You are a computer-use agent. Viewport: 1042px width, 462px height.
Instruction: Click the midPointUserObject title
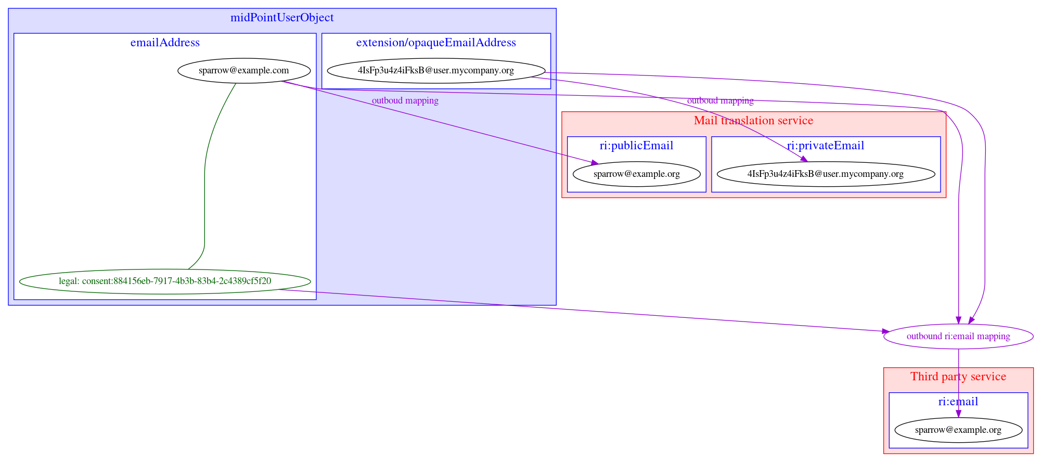tap(282, 18)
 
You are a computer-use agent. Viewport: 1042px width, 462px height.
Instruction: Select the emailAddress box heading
tap(165, 43)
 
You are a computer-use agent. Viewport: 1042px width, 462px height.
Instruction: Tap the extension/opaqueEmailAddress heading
tap(436, 43)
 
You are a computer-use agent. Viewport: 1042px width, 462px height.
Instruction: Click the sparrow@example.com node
tap(244, 70)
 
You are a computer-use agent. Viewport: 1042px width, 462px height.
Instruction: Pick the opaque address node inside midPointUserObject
tap(436, 70)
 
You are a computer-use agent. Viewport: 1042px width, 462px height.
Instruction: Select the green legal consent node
tap(165, 281)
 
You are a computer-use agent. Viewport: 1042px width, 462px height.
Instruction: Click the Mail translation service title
tap(753, 121)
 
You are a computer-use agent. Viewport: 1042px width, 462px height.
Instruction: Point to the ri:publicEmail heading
tap(636, 146)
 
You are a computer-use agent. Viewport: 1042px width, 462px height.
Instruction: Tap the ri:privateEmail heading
tap(826, 146)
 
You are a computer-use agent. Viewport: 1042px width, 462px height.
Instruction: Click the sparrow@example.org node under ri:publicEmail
tap(636, 174)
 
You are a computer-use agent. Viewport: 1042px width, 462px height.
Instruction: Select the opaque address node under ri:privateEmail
tap(826, 174)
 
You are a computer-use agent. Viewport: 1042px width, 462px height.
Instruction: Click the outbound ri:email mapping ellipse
tap(958, 336)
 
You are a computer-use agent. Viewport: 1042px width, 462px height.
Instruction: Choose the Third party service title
tap(958, 377)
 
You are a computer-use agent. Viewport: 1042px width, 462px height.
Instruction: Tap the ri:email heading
tap(958, 402)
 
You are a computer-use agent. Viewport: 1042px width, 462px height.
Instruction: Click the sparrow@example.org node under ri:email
tap(958, 430)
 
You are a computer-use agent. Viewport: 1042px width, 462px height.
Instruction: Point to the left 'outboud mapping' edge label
tap(405, 100)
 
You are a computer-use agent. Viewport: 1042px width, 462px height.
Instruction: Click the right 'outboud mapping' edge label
tap(720, 100)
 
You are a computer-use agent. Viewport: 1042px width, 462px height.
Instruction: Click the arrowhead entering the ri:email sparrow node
tap(958, 414)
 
